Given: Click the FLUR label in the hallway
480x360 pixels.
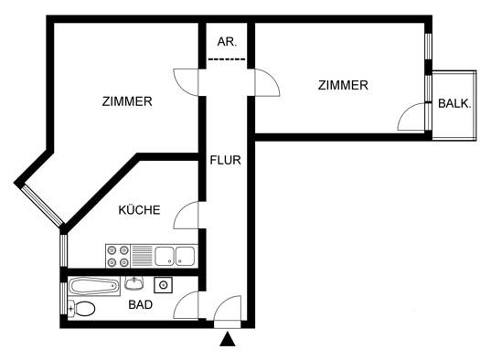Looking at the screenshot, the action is (x=225, y=160).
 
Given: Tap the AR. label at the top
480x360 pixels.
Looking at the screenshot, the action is (x=227, y=42).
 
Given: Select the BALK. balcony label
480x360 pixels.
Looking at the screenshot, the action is (x=454, y=103).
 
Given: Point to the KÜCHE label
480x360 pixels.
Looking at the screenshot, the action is (x=139, y=210).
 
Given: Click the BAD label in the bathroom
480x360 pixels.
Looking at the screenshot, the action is (x=141, y=304).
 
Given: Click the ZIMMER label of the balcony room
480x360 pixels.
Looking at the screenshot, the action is (x=343, y=85).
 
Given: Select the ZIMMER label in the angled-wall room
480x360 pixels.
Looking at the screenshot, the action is (x=127, y=101).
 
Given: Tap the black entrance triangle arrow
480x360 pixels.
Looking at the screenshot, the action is (x=228, y=339).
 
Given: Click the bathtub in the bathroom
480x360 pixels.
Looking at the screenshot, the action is (x=93, y=287).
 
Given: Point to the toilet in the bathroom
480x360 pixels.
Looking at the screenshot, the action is (x=81, y=308).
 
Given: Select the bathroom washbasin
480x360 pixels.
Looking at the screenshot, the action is (x=134, y=283).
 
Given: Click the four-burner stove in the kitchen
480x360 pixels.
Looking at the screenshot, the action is (x=118, y=256).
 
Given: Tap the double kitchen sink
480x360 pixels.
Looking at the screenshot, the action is (x=175, y=256).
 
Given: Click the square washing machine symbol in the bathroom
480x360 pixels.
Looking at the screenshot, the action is (x=163, y=285).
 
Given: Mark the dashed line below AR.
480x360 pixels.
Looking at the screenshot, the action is (x=227, y=59).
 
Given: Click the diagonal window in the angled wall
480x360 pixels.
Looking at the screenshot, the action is (x=42, y=206).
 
